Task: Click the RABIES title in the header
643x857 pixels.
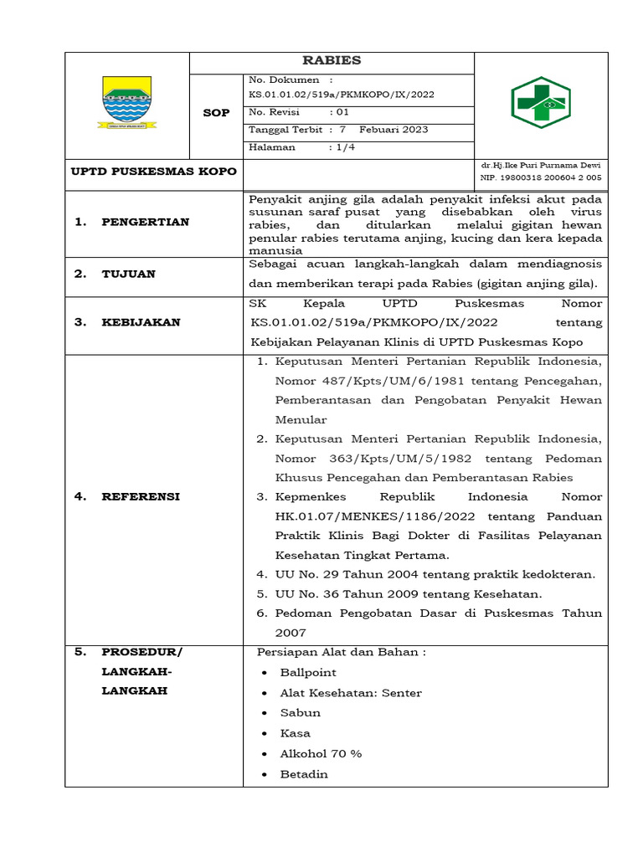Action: pyautogui.click(x=332, y=60)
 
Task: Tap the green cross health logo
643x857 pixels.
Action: pyautogui.click(x=540, y=105)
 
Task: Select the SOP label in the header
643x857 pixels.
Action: pyautogui.click(x=216, y=113)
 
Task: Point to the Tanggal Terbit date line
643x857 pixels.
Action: pyautogui.click(x=338, y=130)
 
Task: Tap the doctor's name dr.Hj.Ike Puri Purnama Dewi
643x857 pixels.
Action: pyautogui.click(x=540, y=165)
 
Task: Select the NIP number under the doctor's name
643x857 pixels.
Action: pyautogui.click(x=540, y=178)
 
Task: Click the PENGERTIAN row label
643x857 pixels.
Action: pyautogui.click(x=145, y=222)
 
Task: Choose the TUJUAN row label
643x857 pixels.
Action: pyautogui.click(x=128, y=274)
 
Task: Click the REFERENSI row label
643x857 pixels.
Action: pyautogui.click(x=141, y=496)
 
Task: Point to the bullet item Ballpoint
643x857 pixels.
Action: pyautogui.click(x=308, y=672)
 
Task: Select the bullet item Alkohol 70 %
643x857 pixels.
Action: pyautogui.click(x=321, y=753)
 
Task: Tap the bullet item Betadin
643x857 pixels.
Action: pyautogui.click(x=304, y=774)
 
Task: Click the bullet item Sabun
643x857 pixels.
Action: pyautogui.click(x=301, y=712)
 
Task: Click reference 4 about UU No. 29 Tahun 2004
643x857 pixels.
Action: pyautogui.click(x=435, y=574)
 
